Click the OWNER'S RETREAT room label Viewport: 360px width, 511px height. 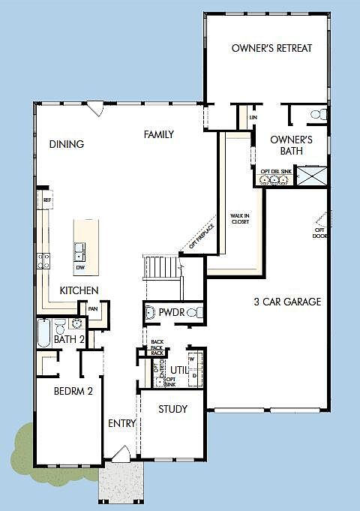tap(271, 49)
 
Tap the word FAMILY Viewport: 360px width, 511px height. tap(159, 135)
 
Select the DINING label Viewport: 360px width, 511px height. tap(67, 144)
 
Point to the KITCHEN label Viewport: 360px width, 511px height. tap(80, 290)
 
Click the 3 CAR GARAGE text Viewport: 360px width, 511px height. tap(286, 302)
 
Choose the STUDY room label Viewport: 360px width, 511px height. tap(172, 409)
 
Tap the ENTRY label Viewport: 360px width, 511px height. tap(121, 423)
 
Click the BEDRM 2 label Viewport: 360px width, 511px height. tap(73, 390)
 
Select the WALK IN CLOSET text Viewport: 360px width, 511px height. tap(240, 219)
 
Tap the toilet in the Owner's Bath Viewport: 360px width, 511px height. tap(319, 115)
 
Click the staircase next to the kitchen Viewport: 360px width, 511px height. tap(163, 267)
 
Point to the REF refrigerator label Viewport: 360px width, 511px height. tap(46, 200)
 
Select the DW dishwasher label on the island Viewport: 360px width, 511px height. tap(80, 267)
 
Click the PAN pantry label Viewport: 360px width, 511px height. tap(93, 308)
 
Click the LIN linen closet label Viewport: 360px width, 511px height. tap(253, 118)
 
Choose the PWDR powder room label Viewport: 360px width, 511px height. tap(169, 311)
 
